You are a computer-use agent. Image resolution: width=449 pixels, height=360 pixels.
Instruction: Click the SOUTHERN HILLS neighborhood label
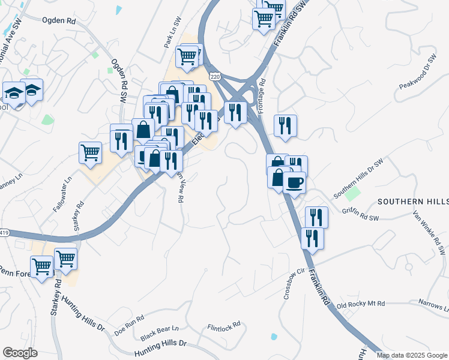tap(412, 201)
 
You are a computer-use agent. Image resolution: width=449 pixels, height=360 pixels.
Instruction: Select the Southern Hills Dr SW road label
tap(358, 179)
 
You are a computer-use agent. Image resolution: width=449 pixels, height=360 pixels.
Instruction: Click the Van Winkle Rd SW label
tap(433, 231)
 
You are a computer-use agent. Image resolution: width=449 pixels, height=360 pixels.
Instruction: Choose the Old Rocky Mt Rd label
tap(360, 305)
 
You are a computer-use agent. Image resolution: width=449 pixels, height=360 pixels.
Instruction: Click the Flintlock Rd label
tap(223, 326)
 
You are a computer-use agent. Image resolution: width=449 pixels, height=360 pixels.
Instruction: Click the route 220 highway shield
tap(215, 76)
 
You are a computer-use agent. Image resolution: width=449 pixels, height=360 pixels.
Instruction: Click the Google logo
tap(20, 353)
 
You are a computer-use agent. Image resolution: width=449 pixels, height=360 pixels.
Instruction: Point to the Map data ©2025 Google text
tap(411, 355)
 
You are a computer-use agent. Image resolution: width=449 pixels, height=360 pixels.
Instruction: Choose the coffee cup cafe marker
tap(294, 182)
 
